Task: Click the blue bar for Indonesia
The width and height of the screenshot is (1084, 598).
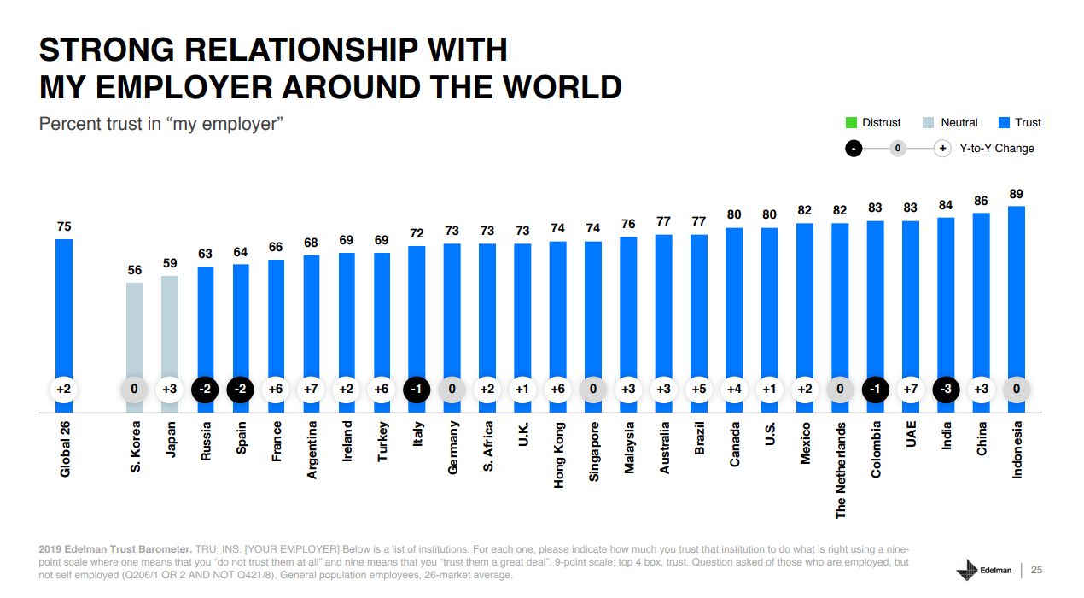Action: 1017,290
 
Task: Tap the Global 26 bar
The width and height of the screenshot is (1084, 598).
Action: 64,308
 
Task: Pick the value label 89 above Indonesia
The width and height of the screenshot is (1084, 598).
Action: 1017,194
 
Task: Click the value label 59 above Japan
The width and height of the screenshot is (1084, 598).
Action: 170,264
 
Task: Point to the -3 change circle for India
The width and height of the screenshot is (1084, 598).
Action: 947,390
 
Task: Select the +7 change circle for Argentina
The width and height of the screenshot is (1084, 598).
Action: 311,390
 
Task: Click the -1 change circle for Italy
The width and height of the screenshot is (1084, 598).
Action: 417,390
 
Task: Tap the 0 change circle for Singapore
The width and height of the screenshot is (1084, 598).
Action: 593,390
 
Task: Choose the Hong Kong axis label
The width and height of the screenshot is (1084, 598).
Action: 559,455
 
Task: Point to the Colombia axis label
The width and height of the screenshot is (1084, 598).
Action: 876,449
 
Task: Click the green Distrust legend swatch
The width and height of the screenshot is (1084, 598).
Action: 851,123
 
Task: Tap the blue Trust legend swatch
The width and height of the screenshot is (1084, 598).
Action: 1004,123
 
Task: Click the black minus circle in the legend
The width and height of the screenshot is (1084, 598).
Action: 853,149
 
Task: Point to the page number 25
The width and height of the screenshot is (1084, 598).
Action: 1037,570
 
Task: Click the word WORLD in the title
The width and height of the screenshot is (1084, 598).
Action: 563,87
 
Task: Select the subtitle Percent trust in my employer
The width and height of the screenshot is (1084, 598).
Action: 160,124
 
